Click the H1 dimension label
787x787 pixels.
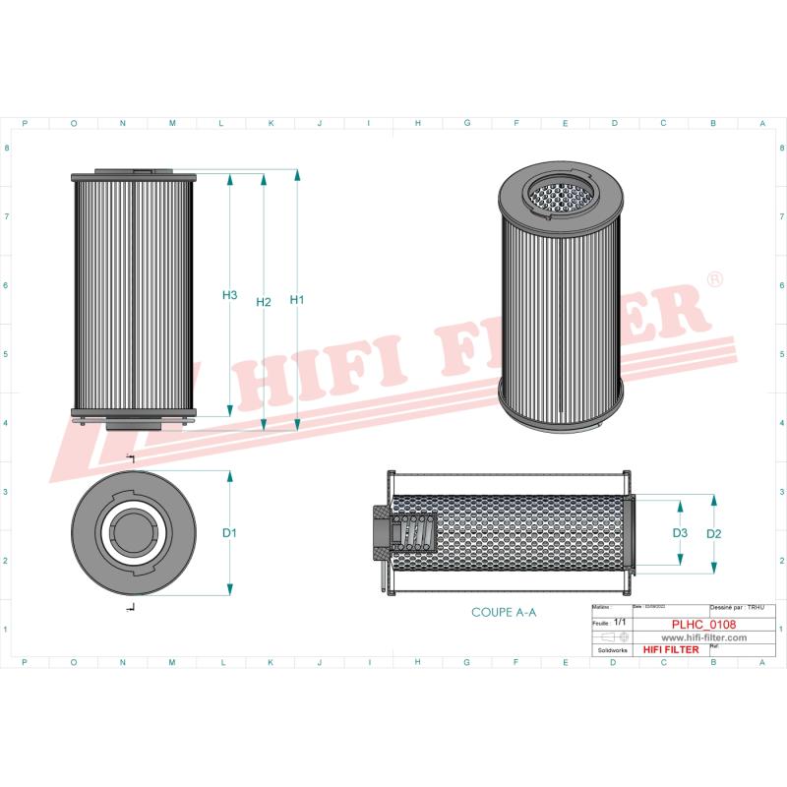(297, 300)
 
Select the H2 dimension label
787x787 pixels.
(263, 302)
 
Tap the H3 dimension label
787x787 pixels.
(229, 295)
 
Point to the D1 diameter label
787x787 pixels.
(229, 533)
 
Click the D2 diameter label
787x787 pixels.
(715, 533)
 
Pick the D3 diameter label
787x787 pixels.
(680, 533)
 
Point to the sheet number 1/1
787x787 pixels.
(619, 624)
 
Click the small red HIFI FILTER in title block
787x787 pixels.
(672, 650)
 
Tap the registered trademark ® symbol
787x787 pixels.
(715, 281)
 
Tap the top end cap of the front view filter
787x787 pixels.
(135, 176)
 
